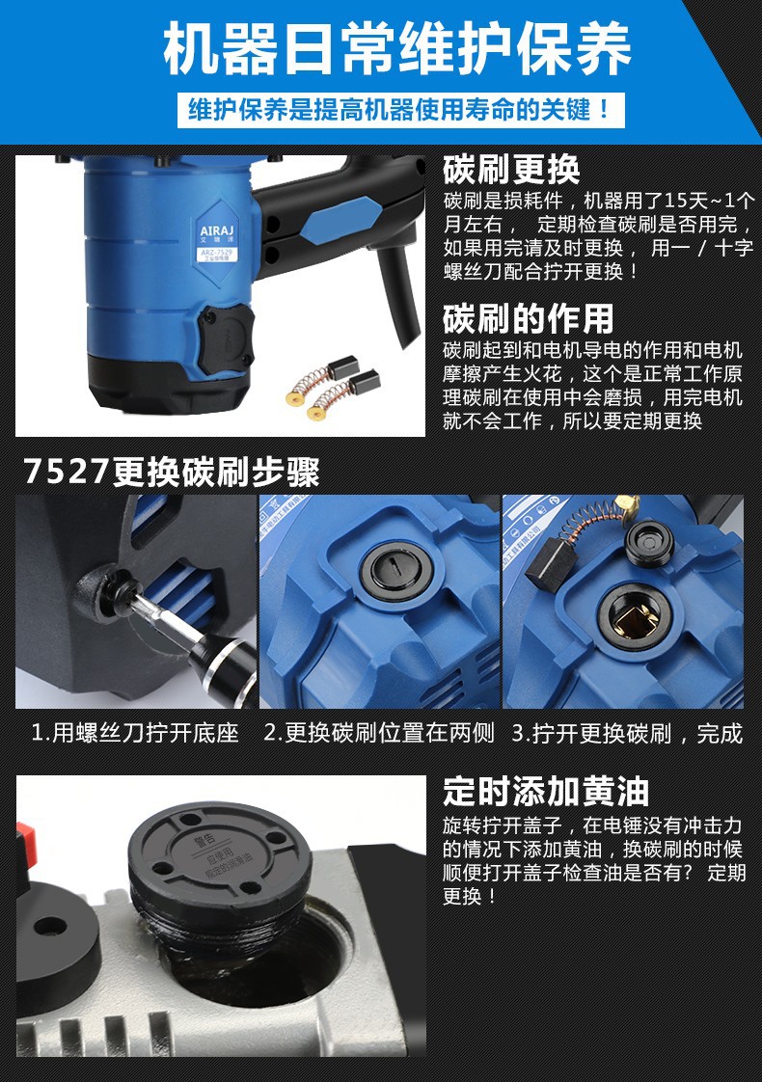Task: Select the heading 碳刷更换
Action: point(511,170)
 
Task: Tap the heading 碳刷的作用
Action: point(528,318)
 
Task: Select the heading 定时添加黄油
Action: point(546,792)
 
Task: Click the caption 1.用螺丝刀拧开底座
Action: point(135,733)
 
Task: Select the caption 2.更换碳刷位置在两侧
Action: point(379,733)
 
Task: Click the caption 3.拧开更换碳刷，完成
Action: point(626,733)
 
